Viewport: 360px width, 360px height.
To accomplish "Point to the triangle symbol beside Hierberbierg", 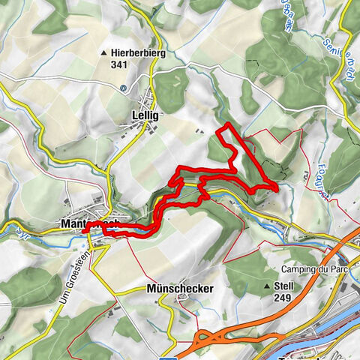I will pos(103,53).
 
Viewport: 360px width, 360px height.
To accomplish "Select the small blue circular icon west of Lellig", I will pos(122,87).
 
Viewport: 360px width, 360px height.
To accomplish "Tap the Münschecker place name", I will pos(181,288).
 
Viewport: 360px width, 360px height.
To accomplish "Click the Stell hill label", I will pos(284,286).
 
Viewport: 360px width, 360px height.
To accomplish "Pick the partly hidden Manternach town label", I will pos(75,224).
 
